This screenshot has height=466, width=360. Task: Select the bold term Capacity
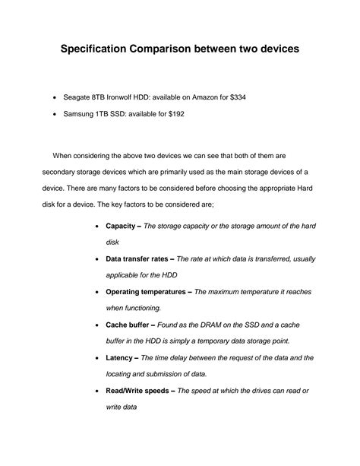tap(121, 227)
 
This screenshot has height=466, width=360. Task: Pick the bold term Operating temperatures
tap(147, 292)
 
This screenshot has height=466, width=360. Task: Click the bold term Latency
tap(120, 357)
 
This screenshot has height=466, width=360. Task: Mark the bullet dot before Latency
tap(95, 358)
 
